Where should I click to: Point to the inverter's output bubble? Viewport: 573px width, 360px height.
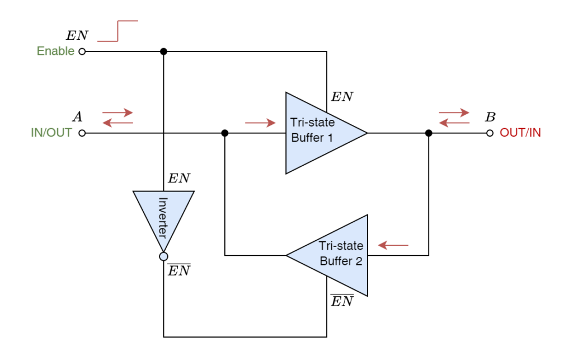163,256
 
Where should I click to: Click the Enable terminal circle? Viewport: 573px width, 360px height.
82,52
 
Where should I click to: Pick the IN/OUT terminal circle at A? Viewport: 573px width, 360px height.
82,133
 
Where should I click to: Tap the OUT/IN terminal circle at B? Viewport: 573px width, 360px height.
490,133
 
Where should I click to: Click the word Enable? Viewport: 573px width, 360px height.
55,52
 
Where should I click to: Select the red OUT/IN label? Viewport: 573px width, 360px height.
520,133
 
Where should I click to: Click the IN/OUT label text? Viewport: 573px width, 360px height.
52,133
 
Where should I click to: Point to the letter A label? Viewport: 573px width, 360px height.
78,117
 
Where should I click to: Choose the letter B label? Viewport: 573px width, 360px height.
490,117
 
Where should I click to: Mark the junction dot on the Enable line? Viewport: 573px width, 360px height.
163,52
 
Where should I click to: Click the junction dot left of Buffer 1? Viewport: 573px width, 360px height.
225,133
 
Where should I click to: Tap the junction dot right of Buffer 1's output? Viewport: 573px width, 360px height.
429,133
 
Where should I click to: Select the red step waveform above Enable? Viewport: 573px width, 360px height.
118,31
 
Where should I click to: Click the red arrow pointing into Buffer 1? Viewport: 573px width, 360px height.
261,123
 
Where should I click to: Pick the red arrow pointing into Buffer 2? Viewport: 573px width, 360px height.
393,245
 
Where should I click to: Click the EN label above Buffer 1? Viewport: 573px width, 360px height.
342,97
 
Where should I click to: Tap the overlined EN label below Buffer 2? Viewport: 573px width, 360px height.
342,301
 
